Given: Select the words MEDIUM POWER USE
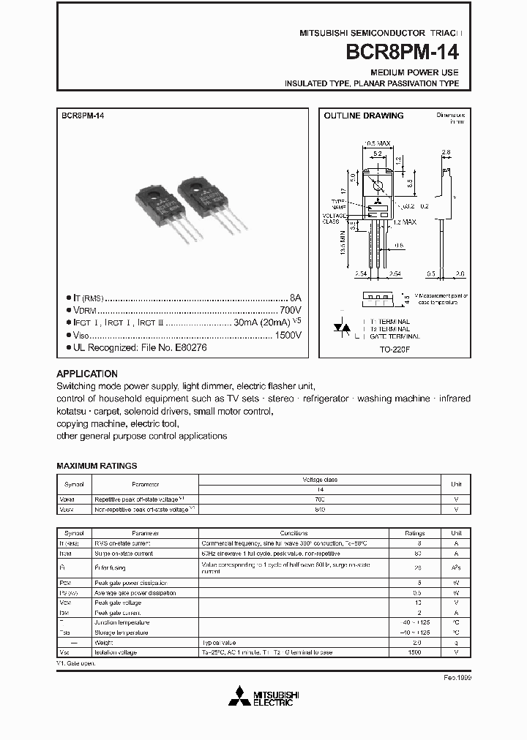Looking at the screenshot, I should (x=414, y=72).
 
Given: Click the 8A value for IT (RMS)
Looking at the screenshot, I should (x=295, y=298).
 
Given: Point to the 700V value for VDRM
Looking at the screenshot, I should (x=290, y=310).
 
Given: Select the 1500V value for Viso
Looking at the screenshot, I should (x=287, y=336).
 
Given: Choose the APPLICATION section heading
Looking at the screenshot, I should (x=87, y=374).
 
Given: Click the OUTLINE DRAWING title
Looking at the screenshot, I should (x=364, y=116).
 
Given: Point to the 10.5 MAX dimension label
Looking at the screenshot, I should (x=378, y=143).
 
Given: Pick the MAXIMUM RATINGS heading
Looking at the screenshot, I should (x=97, y=466).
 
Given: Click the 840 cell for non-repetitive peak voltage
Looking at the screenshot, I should (x=320, y=508).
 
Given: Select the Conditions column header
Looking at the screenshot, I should (x=293, y=533).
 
